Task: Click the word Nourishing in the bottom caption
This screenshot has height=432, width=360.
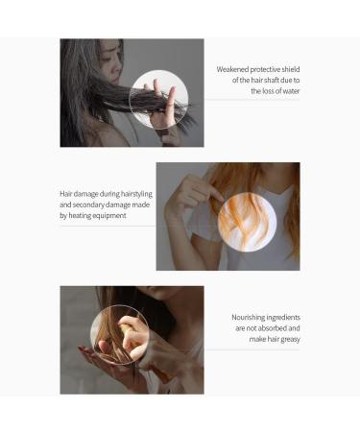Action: [250, 317]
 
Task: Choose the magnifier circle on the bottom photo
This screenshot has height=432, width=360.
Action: [119, 334]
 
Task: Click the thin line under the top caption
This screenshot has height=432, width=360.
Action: [252, 101]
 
